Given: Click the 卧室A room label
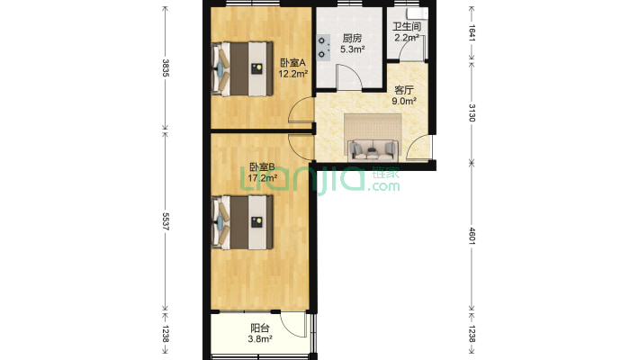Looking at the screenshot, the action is click(x=292, y=63).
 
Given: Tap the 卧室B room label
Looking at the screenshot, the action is click(x=262, y=166).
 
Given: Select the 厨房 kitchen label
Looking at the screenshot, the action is click(x=352, y=39).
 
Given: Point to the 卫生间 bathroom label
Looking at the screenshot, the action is click(x=407, y=27).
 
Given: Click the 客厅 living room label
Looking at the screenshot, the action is click(x=404, y=90).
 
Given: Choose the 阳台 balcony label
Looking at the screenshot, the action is click(x=260, y=328).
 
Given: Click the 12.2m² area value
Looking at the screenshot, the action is click(x=293, y=74).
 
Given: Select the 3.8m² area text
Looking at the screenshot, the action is click(x=260, y=338).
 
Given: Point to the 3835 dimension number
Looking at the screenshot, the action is click(x=166, y=68).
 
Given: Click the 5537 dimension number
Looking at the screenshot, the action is click(x=166, y=221).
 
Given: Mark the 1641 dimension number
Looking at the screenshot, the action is click(x=472, y=33).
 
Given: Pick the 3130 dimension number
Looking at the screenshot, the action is click(x=472, y=112).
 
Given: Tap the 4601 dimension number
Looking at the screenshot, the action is click(x=472, y=236).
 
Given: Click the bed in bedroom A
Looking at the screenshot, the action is click(x=242, y=68).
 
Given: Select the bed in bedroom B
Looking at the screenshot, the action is click(x=242, y=222).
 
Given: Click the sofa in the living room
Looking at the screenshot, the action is click(x=373, y=149).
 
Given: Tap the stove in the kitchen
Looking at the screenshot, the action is click(x=323, y=48).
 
